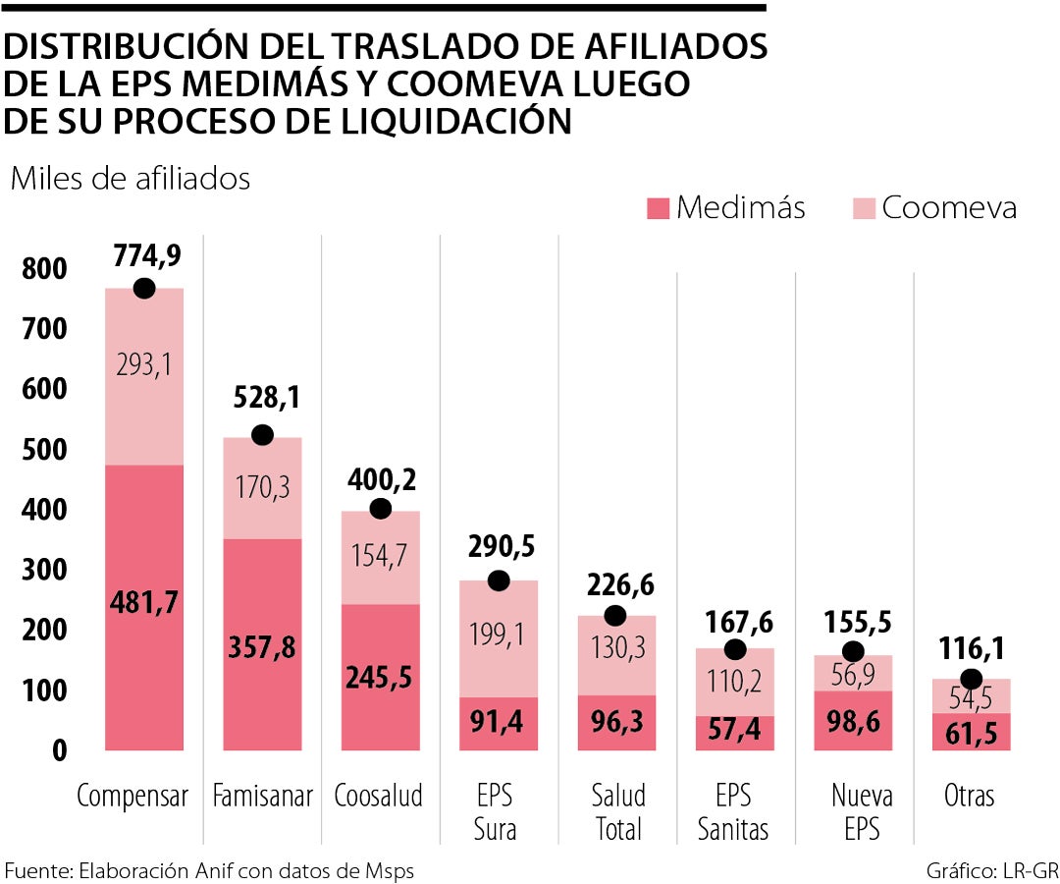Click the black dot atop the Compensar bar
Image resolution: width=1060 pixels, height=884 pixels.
click(x=144, y=288)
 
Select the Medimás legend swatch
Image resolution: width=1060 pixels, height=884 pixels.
click(x=658, y=208)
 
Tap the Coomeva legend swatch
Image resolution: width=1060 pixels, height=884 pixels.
click(x=863, y=208)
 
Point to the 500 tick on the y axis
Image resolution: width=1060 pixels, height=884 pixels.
click(x=39, y=450)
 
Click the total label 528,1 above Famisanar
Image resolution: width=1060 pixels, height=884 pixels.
click(x=267, y=398)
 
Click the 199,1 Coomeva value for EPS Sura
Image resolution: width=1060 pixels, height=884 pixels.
click(x=500, y=635)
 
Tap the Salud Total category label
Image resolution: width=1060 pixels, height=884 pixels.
click(x=618, y=811)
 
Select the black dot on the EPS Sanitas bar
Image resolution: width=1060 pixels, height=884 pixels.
click(x=735, y=650)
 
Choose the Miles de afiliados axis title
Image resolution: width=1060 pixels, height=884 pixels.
click(x=130, y=179)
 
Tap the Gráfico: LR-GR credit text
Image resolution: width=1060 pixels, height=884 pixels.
click(x=992, y=870)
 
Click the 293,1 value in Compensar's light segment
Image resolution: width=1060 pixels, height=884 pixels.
click(x=144, y=364)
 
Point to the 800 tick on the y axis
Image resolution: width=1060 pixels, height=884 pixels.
click(x=39, y=269)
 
